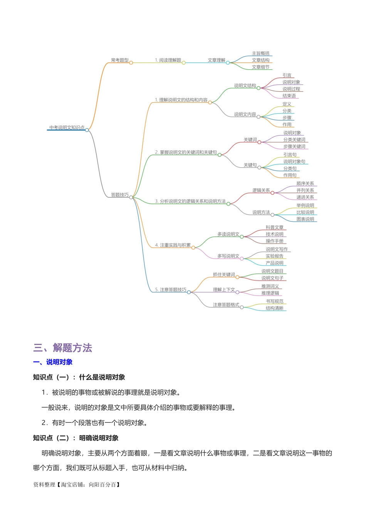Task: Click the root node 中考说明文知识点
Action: tap(67, 128)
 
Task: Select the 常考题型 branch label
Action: tap(120, 60)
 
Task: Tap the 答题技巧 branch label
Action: tap(120, 195)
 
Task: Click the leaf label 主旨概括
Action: tap(261, 54)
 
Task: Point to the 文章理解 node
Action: tap(217, 60)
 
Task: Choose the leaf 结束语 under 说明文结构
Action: tap(289, 96)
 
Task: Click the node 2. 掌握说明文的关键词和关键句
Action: tap(186, 153)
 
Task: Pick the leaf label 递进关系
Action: tap(305, 197)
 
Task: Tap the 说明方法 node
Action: tap(261, 212)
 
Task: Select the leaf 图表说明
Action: tap(305, 219)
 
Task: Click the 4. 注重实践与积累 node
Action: tap(173, 245)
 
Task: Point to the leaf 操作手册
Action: tap(275, 241)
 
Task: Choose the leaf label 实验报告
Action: tap(275, 256)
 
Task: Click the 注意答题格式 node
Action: tap(226, 305)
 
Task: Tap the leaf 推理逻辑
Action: tap(270, 293)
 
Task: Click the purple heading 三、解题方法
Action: tap(63, 348)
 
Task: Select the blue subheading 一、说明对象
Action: tap(53, 362)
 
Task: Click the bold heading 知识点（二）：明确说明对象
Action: tap(76, 438)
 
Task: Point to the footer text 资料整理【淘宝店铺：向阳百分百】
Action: tap(77, 485)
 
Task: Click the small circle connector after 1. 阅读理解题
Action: tap(184, 62)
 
